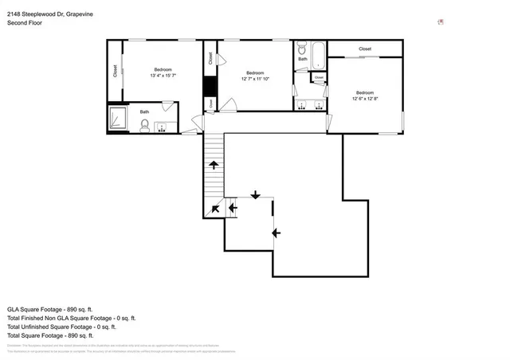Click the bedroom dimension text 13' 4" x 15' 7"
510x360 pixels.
pyautogui.click(x=163, y=76)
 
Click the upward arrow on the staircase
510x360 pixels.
pyautogui.click(x=214, y=165)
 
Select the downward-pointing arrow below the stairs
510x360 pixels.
pyautogui.click(x=256, y=194)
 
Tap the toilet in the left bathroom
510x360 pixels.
pyautogui.click(x=144, y=124)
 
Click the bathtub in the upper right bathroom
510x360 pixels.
pyautogui.click(x=316, y=54)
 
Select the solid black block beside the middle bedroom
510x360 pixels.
pyautogui.click(x=210, y=85)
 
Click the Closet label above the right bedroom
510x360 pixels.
pyautogui.click(x=365, y=49)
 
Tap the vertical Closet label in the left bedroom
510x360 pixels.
pyautogui.click(x=116, y=72)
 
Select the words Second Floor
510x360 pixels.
pyautogui.click(x=26, y=23)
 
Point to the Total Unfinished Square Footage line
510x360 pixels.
pyautogui.click(x=61, y=327)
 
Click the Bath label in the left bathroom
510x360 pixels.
pyautogui.click(x=144, y=112)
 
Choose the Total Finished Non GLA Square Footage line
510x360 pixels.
pyautogui.click(x=73, y=318)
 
